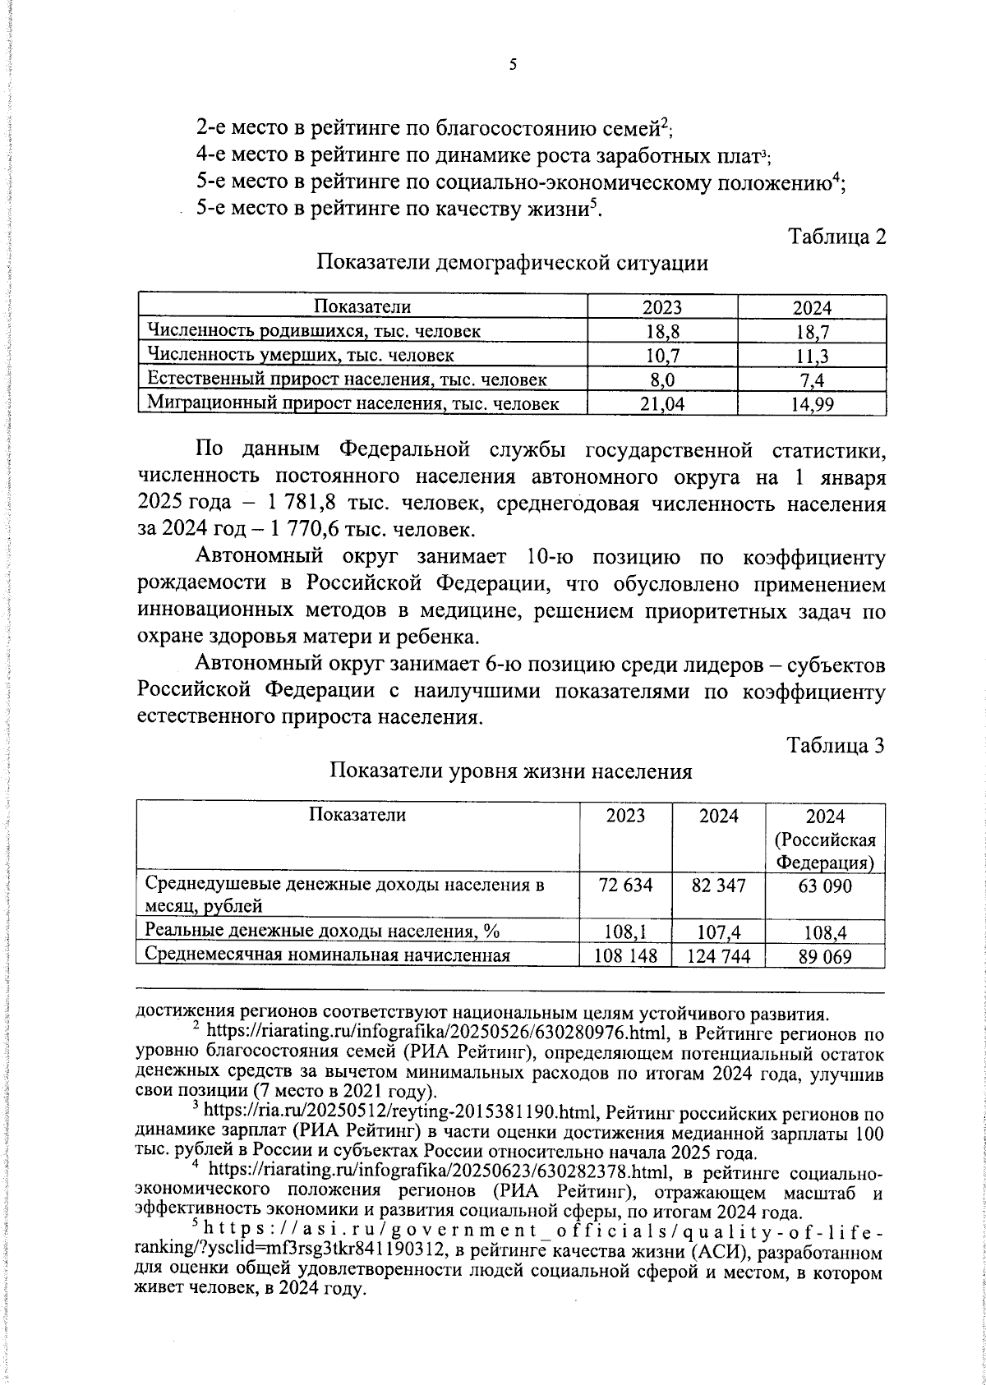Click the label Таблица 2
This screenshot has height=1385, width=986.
click(837, 237)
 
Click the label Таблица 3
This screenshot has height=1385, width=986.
click(836, 745)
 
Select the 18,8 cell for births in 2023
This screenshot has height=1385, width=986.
click(662, 332)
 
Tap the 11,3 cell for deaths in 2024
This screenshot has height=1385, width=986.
click(812, 356)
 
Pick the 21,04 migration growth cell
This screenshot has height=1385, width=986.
click(662, 403)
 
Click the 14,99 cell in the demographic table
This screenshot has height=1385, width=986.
click(812, 403)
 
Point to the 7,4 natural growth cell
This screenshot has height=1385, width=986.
click(812, 380)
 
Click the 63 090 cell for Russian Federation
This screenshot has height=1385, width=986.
click(825, 886)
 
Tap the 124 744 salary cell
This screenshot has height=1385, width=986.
click(718, 956)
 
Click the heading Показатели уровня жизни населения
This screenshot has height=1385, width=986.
click(511, 771)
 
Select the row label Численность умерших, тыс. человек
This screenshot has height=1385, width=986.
click(301, 356)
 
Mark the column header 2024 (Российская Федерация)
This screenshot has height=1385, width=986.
click(825, 840)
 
